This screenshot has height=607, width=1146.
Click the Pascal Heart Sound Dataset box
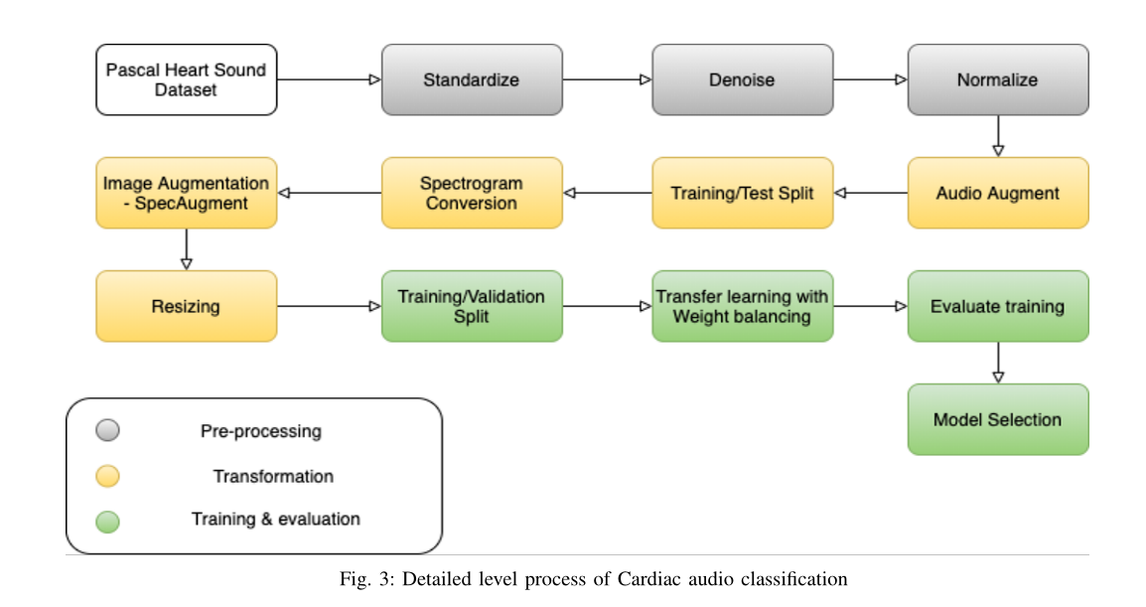tap(187, 79)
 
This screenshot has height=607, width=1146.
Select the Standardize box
tap(472, 79)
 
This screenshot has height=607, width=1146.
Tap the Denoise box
tap(742, 79)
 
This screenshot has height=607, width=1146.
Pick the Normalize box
tap(998, 79)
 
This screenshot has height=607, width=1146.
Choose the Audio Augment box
tap(998, 193)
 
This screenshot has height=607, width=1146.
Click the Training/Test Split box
tap(742, 193)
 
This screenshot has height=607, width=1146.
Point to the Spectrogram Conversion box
tap(472, 193)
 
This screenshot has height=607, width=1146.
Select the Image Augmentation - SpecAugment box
tap(187, 193)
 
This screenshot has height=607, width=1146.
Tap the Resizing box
tap(187, 306)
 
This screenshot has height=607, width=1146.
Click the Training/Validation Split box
tap(472, 306)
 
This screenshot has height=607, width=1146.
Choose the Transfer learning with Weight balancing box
tap(742, 306)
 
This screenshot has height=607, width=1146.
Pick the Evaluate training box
tap(998, 306)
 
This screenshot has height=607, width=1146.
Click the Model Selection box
tap(998, 419)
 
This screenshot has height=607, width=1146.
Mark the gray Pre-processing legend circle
tap(108, 430)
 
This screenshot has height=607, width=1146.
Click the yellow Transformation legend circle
tap(108, 476)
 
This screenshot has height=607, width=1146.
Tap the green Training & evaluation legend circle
tap(108, 521)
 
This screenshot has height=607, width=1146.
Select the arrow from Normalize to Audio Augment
tap(998, 136)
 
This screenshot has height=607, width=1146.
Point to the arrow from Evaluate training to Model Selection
tap(998, 363)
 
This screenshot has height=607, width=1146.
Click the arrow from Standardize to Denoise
tap(607, 79)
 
